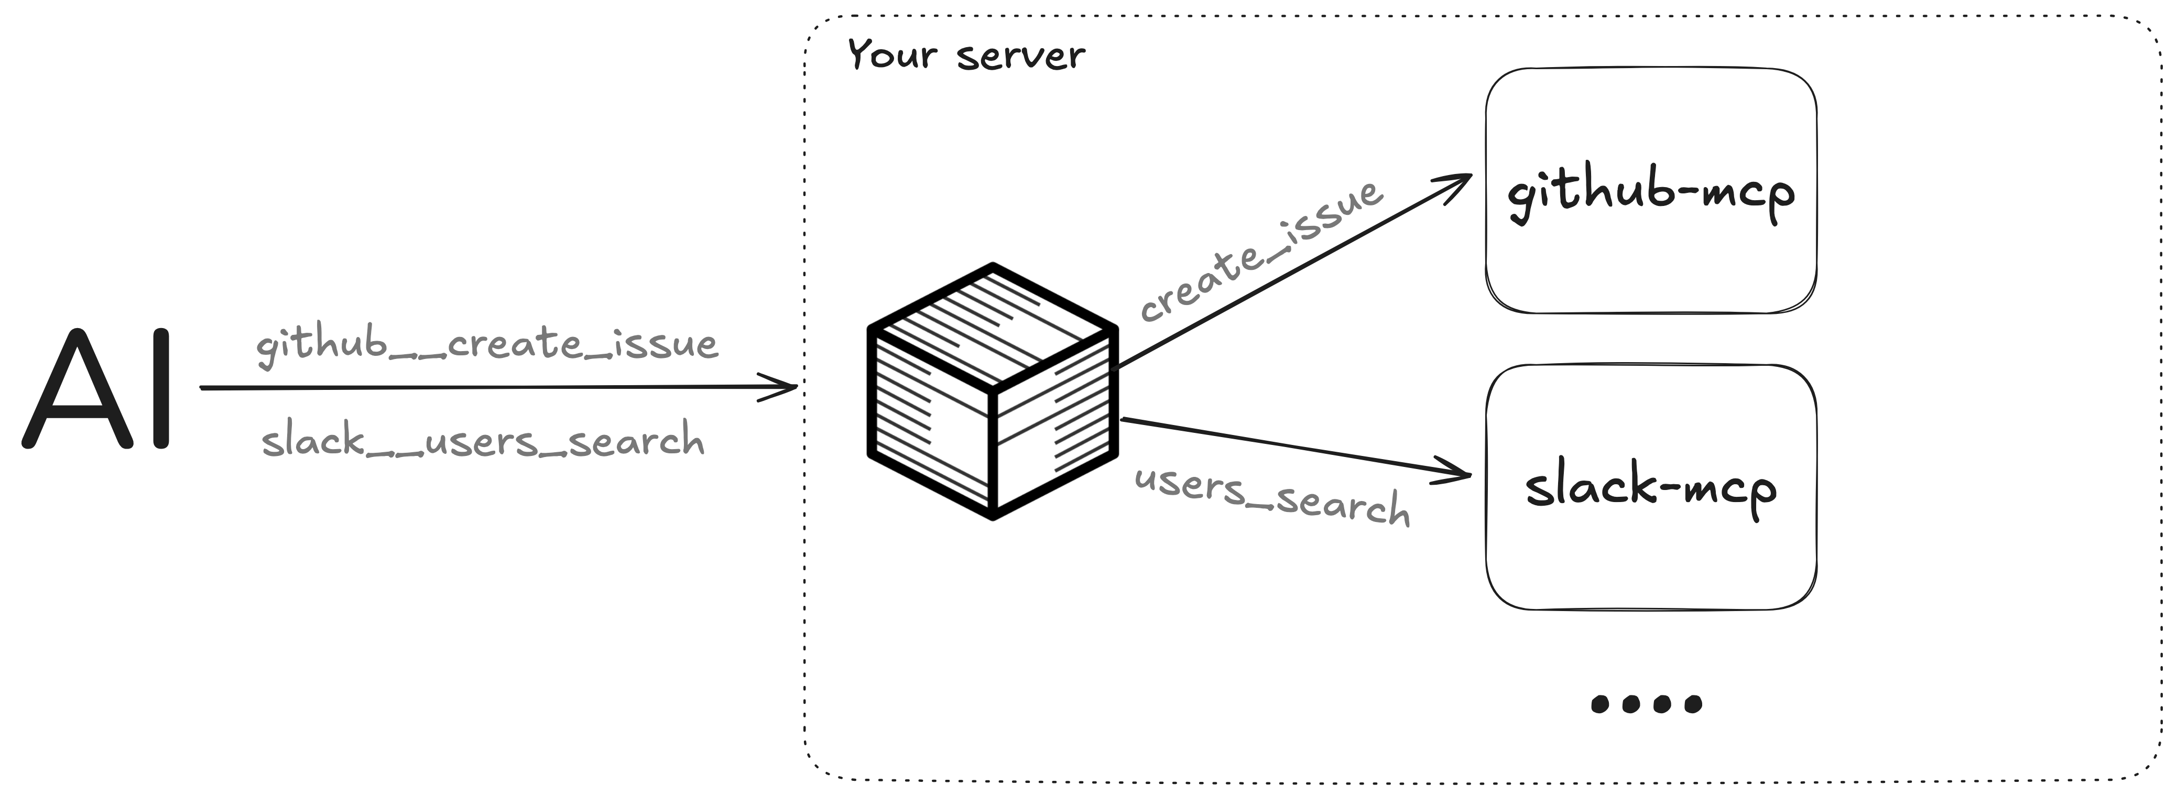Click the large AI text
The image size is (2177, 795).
coord(97,389)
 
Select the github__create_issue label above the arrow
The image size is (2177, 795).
coord(487,344)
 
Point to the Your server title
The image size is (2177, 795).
coord(965,56)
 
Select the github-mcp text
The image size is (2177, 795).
coord(1650,193)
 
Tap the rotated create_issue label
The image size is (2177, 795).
coord(1261,251)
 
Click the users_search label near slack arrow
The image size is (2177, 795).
coord(1272,495)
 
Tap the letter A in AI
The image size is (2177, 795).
coord(78,389)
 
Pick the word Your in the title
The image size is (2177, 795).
coord(891,55)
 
